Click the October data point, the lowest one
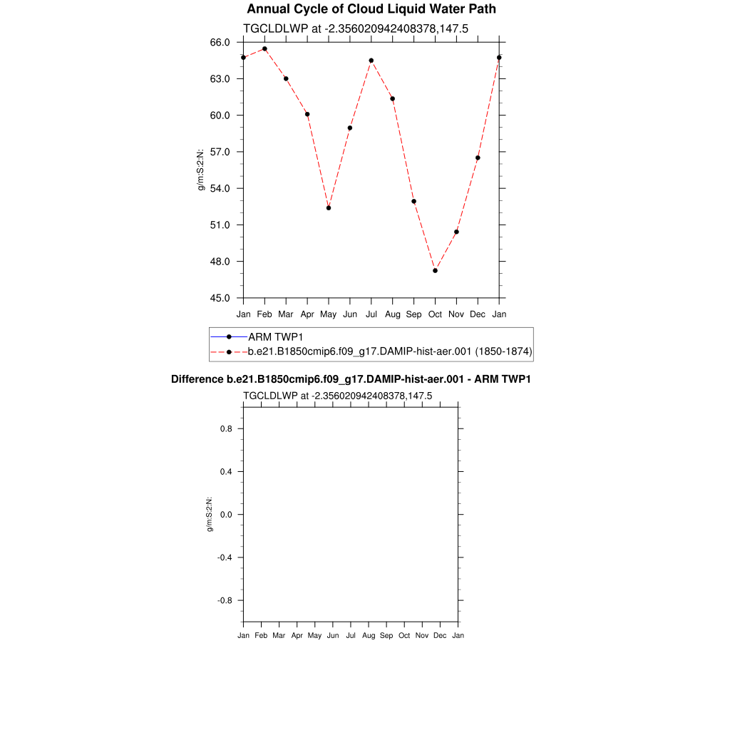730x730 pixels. [x=435, y=270]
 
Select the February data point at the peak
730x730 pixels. [x=264, y=48]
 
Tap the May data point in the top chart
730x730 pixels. [x=329, y=207]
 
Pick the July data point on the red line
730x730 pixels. [x=371, y=61]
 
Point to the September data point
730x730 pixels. [x=413, y=201]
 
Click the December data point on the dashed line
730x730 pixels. [x=478, y=158]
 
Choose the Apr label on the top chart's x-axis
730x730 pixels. [x=307, y=314]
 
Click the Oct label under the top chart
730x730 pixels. [x=435, y=314]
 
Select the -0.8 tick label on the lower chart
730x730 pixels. [x=227, y=600]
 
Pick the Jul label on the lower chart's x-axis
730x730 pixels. [x=351, y=635]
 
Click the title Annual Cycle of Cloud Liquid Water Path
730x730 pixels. [x=371, y=9]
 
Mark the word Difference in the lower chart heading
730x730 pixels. [x=194, y=379]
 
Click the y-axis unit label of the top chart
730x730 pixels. [x=201, y=170]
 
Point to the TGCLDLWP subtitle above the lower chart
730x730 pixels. [x=337, y=396]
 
